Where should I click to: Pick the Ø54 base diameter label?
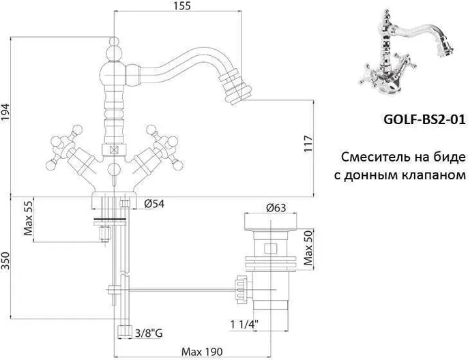tap(154, 202)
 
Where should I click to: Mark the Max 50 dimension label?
tap(308, 249)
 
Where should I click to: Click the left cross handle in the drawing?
tap(61, 151)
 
